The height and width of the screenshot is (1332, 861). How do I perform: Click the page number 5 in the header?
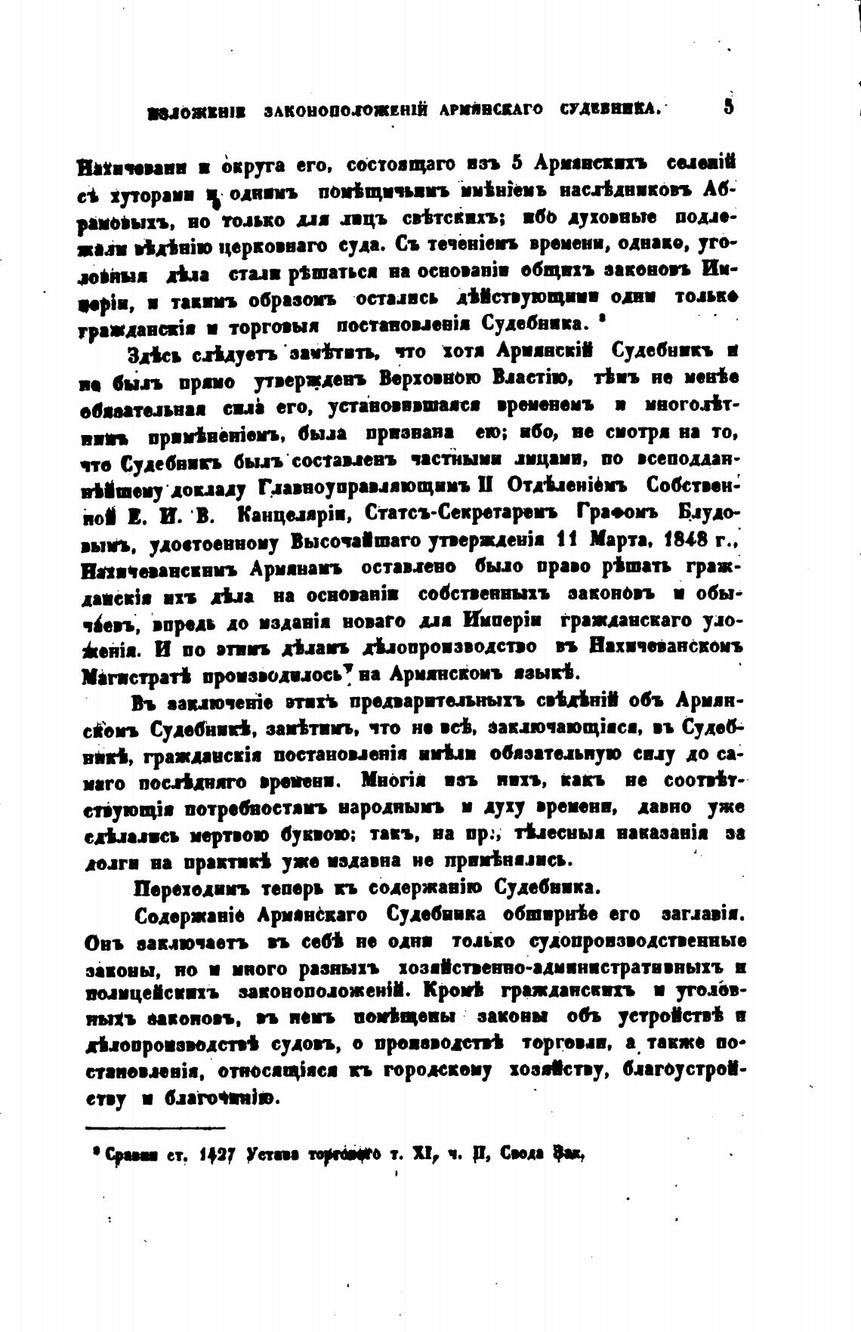click(728, 106)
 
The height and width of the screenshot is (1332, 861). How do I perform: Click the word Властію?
click(531, 378)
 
